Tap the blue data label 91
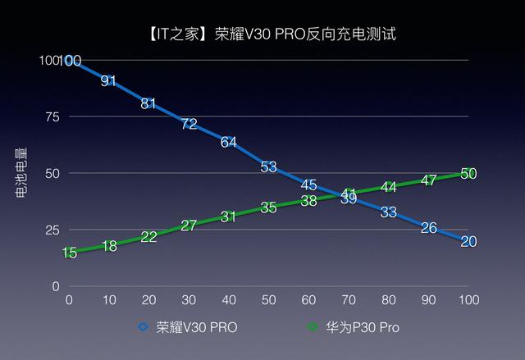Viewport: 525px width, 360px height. point(109,80)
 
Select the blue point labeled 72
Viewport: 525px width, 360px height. point(189,124)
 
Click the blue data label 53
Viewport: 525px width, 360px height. point(268,166)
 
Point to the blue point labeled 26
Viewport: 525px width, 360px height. point(428,227)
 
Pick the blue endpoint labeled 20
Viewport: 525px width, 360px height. point(468,241)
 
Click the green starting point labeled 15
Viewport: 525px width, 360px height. point(69,253)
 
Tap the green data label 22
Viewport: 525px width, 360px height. point(148,237)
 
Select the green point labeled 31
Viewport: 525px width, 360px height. point(229,216)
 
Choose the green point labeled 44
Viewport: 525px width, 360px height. point(389,187)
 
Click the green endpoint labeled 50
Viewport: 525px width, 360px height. point(468,173)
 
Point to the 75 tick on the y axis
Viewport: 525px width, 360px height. point(52,116)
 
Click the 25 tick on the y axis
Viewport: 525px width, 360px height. point(52,230)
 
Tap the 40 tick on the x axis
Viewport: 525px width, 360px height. point(229,300)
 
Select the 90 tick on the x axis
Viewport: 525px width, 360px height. point(428,300)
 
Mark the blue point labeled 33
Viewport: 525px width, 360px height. point(389,212)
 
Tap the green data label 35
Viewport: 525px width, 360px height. point(268,207)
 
